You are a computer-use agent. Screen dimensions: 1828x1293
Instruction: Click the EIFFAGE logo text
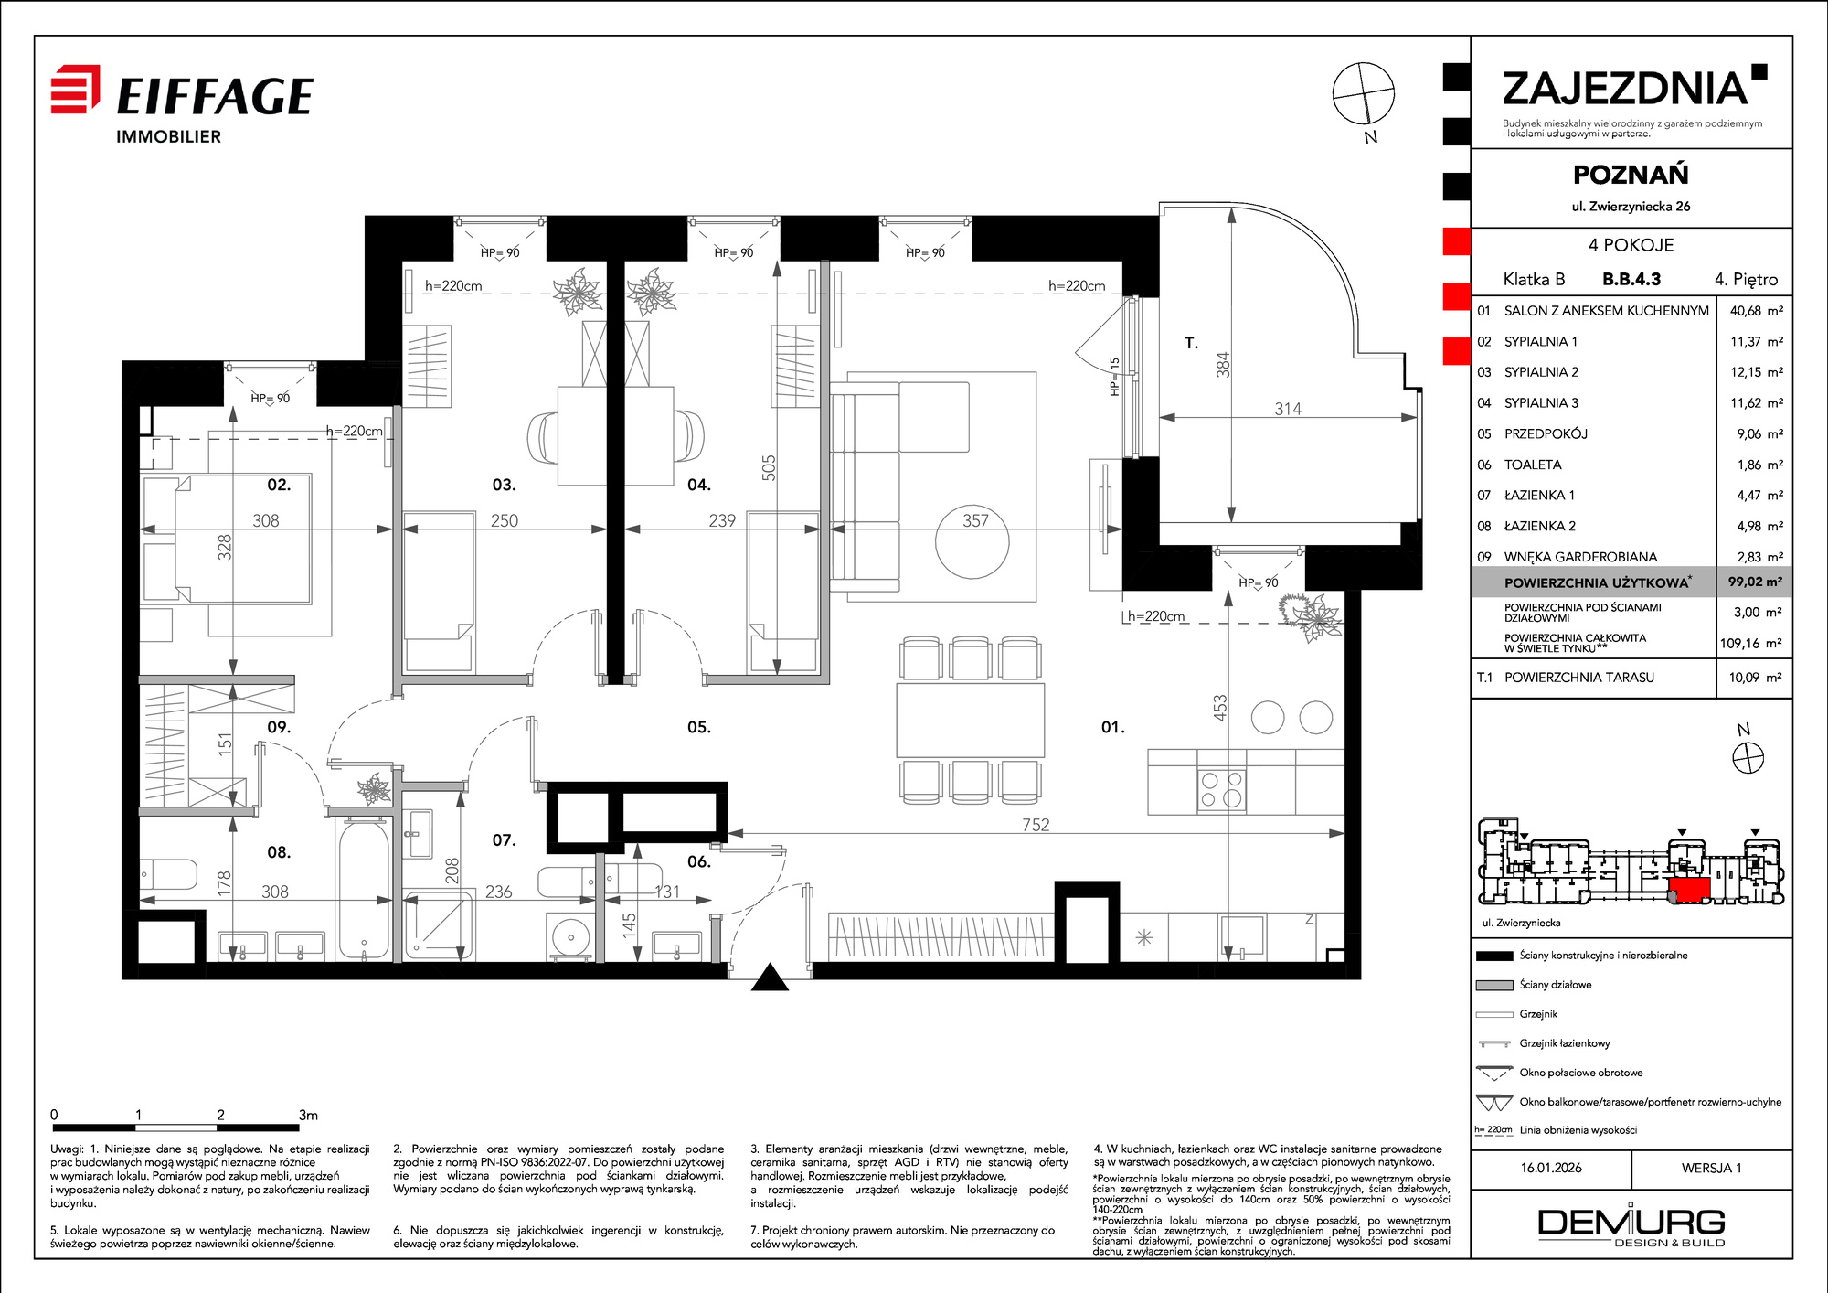point(215,96)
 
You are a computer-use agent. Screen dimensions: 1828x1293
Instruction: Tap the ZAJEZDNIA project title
point(1626,89)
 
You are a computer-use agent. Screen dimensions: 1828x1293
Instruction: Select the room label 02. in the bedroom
point(279,485)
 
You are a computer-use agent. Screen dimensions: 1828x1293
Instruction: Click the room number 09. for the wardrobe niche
point(279,727)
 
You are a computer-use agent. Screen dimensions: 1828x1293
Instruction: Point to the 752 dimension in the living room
point(1036,824)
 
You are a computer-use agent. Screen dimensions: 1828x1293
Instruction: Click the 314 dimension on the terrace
point(1288,409)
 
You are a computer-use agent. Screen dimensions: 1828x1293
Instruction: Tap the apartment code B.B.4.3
point(1631,279)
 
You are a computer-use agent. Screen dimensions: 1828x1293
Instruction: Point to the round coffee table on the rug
point(972,541)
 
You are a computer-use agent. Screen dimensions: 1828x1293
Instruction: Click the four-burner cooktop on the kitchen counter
point(1222,789)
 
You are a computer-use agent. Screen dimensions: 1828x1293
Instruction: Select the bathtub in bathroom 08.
point(364,888)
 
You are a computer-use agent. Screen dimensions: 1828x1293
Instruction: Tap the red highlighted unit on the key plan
point(1689,889)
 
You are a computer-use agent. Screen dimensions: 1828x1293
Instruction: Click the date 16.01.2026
point(1551,1168)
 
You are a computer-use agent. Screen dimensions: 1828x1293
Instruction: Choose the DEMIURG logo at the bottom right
point(1631,1226)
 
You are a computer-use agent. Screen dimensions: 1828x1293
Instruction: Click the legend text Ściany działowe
point(1556,985)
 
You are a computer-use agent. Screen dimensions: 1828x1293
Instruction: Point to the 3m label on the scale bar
point(308,1115)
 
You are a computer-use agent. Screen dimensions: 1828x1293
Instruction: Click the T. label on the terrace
point(1191,343)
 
